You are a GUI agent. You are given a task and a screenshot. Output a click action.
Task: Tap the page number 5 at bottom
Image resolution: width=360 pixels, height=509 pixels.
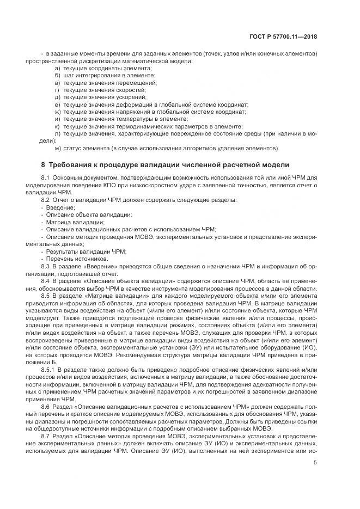(315, 463)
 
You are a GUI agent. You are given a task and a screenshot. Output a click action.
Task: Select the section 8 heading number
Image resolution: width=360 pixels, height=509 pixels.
(43, 164)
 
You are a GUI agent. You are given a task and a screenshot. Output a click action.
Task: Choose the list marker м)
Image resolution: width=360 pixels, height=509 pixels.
(58, 148)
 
